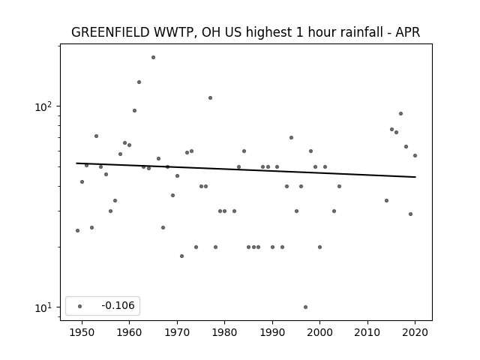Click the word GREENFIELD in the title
[110, 32]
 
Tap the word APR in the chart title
[407, 32]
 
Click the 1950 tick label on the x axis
[82, 332]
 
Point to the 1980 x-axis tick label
[224, 332]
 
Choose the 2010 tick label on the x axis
[367, 332]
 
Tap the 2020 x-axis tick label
[415, 332]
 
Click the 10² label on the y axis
[43, 106]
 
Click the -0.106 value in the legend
[118, 305]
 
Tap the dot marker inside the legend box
[80, 306]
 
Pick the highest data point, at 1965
[153, 58]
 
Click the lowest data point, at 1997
[305, 307]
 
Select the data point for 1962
[139, 82]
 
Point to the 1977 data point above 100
[210, 98]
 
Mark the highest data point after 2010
[400, 113]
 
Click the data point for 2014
[387, 201]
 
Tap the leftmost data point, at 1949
[77, 230]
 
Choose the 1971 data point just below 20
[181, 256]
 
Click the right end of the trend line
[415, 177]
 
